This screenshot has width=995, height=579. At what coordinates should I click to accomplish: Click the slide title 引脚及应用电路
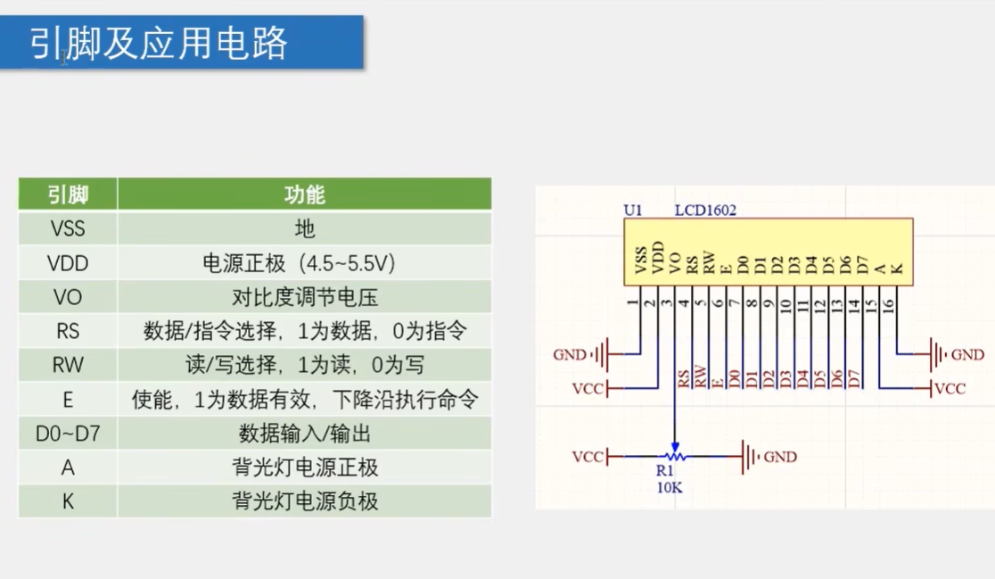click(x=159, y=43)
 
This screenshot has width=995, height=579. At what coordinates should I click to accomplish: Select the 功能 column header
click(x=304, y=194)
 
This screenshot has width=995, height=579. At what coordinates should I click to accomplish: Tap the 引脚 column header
click(x=68, y=194)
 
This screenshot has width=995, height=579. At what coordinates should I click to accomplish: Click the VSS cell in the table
click(x=68, y=228)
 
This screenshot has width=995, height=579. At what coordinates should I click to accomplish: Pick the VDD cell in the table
click(x=68, y=263)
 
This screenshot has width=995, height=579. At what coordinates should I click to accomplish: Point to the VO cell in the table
click(x=68, y=297)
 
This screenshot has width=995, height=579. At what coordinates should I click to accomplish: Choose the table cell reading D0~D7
click(x=68, y=434)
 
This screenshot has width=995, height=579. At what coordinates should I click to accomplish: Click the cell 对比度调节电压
click(x=304, y=297)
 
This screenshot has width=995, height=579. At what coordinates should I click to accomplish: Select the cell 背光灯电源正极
click(x=304, y=467)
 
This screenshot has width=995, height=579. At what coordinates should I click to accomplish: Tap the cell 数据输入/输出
click(x=304, y=434)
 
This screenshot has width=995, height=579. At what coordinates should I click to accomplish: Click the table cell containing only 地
click(x=304, y=228)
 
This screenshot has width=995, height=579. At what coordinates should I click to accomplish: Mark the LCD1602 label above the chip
click(x=705, y=211)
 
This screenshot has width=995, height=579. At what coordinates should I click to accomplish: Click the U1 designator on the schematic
click(x=632, y=211)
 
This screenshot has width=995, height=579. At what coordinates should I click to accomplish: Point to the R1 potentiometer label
click(x=665, y=470)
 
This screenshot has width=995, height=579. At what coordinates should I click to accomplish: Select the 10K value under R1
click(x=670, y=487)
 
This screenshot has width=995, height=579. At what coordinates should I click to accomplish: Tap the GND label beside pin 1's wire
click(x=570, y=355)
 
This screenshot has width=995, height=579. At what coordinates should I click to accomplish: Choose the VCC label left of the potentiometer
click(x=588, y=457)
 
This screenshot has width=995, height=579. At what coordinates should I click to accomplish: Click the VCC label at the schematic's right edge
click(x=950, y=389)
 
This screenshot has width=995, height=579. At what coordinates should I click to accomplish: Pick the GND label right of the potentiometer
click(x=780, y=457)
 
